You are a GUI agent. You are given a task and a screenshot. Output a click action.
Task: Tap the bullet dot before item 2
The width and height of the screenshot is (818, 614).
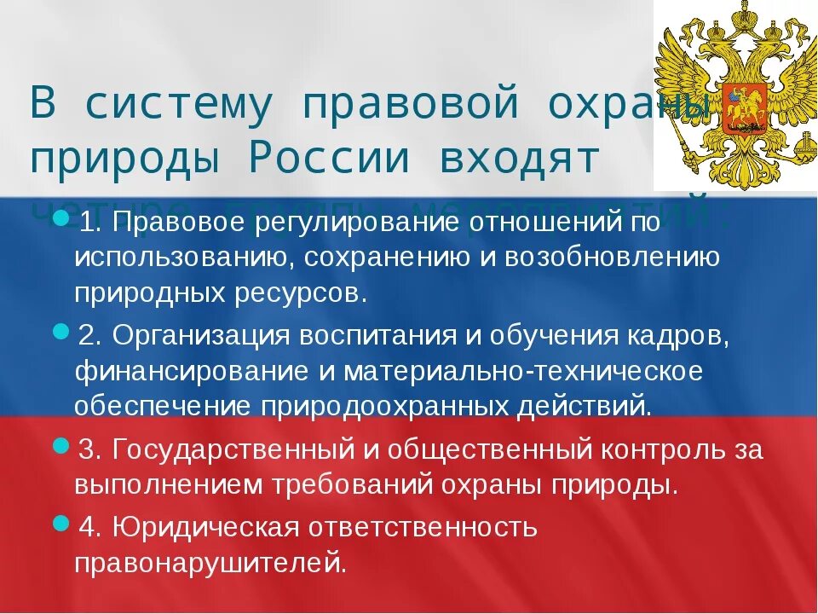[60, 330]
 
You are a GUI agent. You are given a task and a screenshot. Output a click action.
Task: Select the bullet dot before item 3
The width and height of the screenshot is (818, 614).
[60, 445]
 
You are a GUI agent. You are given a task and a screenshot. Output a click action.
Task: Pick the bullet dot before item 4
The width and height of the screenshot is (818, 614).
[60, 522]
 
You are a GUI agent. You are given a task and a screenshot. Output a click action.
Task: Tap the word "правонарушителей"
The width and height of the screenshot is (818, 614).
[210, 563]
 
